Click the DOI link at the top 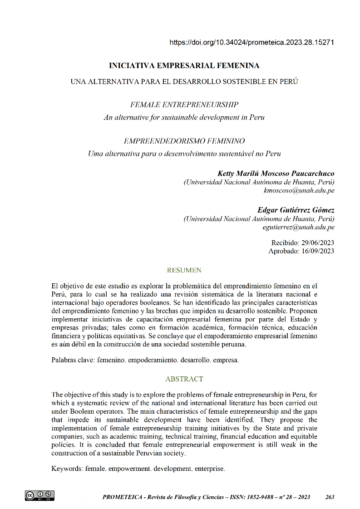coord(252,43)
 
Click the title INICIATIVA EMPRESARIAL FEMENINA coord(184,66)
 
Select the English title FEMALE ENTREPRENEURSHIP coord(184,105)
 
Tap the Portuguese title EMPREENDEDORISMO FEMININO coord(184,141)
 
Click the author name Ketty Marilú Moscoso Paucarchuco coord(276,173)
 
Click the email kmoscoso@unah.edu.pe coord(299,191)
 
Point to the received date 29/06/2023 coord(316,243)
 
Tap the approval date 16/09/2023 coord(316,251)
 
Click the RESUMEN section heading coord(184,271)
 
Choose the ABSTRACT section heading coord(184,379)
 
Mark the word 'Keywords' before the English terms coord(67,468)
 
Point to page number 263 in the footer coord(330,497)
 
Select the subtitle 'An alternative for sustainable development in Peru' coord(184,117)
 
